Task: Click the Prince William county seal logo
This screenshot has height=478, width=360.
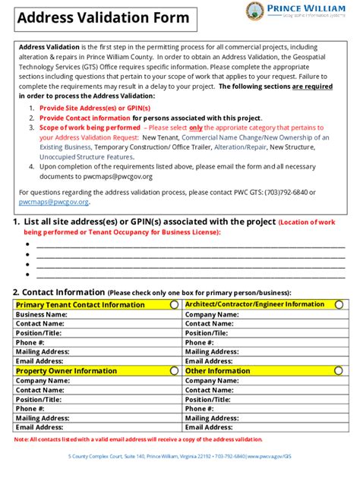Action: (256, 11)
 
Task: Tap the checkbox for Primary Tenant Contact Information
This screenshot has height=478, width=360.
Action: (174, 304)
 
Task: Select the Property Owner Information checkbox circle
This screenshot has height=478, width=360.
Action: (174, 371)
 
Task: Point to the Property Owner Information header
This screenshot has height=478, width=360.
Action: (67, 371)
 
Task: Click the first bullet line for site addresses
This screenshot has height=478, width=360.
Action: (190, 245)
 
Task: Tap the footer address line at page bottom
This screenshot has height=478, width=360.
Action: (179, 456)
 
